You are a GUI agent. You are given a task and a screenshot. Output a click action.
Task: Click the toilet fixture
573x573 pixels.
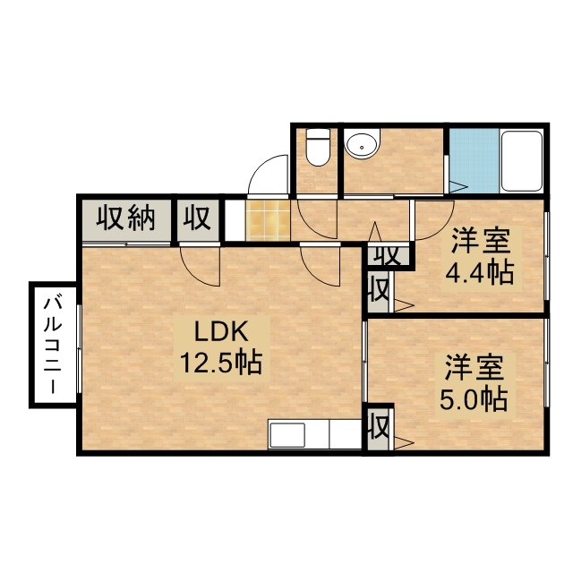318,147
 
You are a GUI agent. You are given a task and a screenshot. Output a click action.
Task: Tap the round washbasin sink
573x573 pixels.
363,144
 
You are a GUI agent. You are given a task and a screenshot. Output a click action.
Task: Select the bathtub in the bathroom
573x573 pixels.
521,161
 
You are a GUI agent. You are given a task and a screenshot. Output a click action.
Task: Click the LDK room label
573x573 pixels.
221,331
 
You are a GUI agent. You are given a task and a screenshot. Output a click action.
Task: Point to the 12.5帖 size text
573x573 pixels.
221,363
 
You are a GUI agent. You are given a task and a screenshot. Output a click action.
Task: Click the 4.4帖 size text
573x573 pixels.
480,272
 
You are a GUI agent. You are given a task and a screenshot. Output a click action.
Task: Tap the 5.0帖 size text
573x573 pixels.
474,399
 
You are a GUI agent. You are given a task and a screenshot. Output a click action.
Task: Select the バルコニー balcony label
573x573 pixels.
52,346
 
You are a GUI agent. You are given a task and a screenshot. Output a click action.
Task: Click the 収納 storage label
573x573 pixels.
126,218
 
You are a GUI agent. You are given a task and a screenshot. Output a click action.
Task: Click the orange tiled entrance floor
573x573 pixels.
269,220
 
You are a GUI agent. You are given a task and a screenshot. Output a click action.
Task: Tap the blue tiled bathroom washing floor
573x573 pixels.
475,161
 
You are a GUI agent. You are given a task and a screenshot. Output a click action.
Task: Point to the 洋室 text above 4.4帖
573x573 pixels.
480,241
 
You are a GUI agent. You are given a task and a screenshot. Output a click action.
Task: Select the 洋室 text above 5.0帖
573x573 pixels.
475,368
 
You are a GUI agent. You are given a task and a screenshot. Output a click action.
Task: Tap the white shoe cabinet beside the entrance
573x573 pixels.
235,220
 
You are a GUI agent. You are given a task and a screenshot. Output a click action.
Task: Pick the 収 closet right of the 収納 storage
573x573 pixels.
197,218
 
